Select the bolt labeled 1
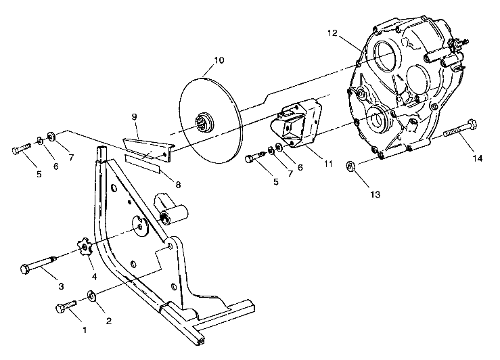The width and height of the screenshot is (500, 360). (66, 309)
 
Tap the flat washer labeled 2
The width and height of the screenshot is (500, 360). (91, 296)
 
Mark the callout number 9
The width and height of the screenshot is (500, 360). (134, 116)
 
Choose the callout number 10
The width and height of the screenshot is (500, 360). (218, 60)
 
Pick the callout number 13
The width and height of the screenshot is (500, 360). (374, 194)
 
